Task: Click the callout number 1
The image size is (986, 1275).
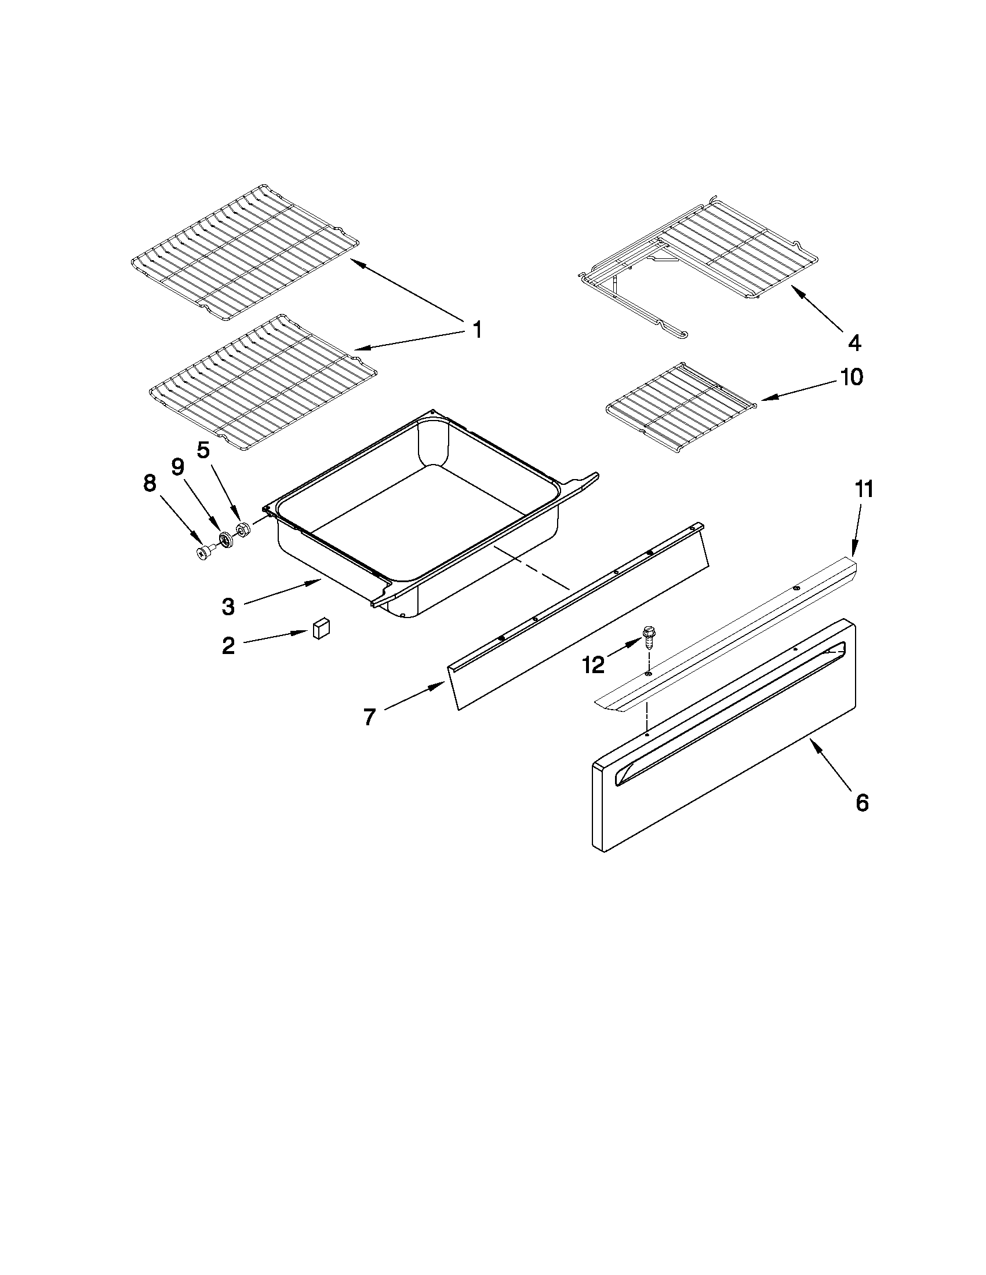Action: pos(477,330)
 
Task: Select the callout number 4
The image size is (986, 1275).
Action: pos(854,343)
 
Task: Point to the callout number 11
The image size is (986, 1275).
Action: pos(864,489)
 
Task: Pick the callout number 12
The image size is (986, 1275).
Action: pos(594,664)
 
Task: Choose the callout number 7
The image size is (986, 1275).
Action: pos(369,717)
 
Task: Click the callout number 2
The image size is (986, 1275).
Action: pos(228,646)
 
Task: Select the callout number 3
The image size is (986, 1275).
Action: pos(228,607)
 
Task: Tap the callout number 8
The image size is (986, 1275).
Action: pos(150,483)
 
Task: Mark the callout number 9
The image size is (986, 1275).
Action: pos(177,467)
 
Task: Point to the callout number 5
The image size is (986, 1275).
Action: pos(203,450)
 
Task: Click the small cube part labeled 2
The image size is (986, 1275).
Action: pos(321,629)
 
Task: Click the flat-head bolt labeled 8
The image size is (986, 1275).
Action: pos(205,552)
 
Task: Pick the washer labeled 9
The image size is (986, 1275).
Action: pos(225,539)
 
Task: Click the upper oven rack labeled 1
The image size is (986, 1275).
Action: pos(245,254)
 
